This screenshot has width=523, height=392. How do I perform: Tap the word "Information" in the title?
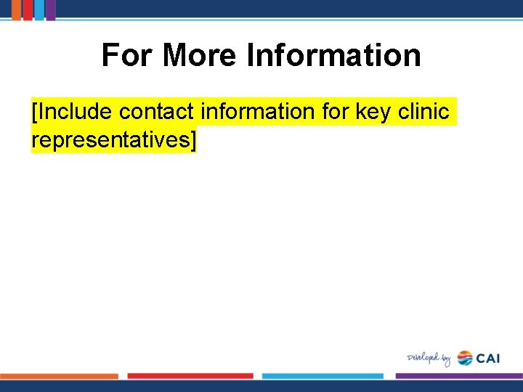(x=333, y=55)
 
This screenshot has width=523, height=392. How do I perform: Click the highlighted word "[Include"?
(x=72, y=112)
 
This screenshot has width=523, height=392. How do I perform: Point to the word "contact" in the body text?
(x=156, y=112)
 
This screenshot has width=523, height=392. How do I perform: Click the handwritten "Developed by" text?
(x=429, y=359)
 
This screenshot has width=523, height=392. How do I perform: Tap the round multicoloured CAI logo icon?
(x=465, y=358)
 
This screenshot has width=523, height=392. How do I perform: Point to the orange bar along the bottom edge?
(x=60, y=376)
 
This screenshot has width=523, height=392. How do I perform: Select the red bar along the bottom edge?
(x=190, y=376)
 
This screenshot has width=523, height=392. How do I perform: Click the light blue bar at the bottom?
(x=323, y=376)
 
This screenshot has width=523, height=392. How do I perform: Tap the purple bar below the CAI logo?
(x=458, y=376)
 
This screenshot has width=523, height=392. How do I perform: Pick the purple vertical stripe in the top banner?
(x=50, y=9)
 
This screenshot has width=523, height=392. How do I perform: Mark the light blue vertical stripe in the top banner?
(x=38, y=9)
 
